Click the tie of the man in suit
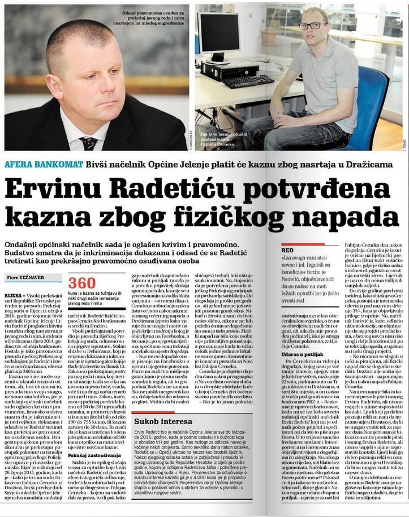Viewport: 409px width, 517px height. pos(89,141)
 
